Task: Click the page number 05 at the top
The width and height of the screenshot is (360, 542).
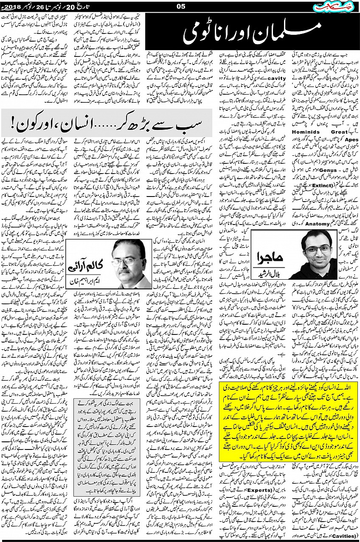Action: (180, 6)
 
